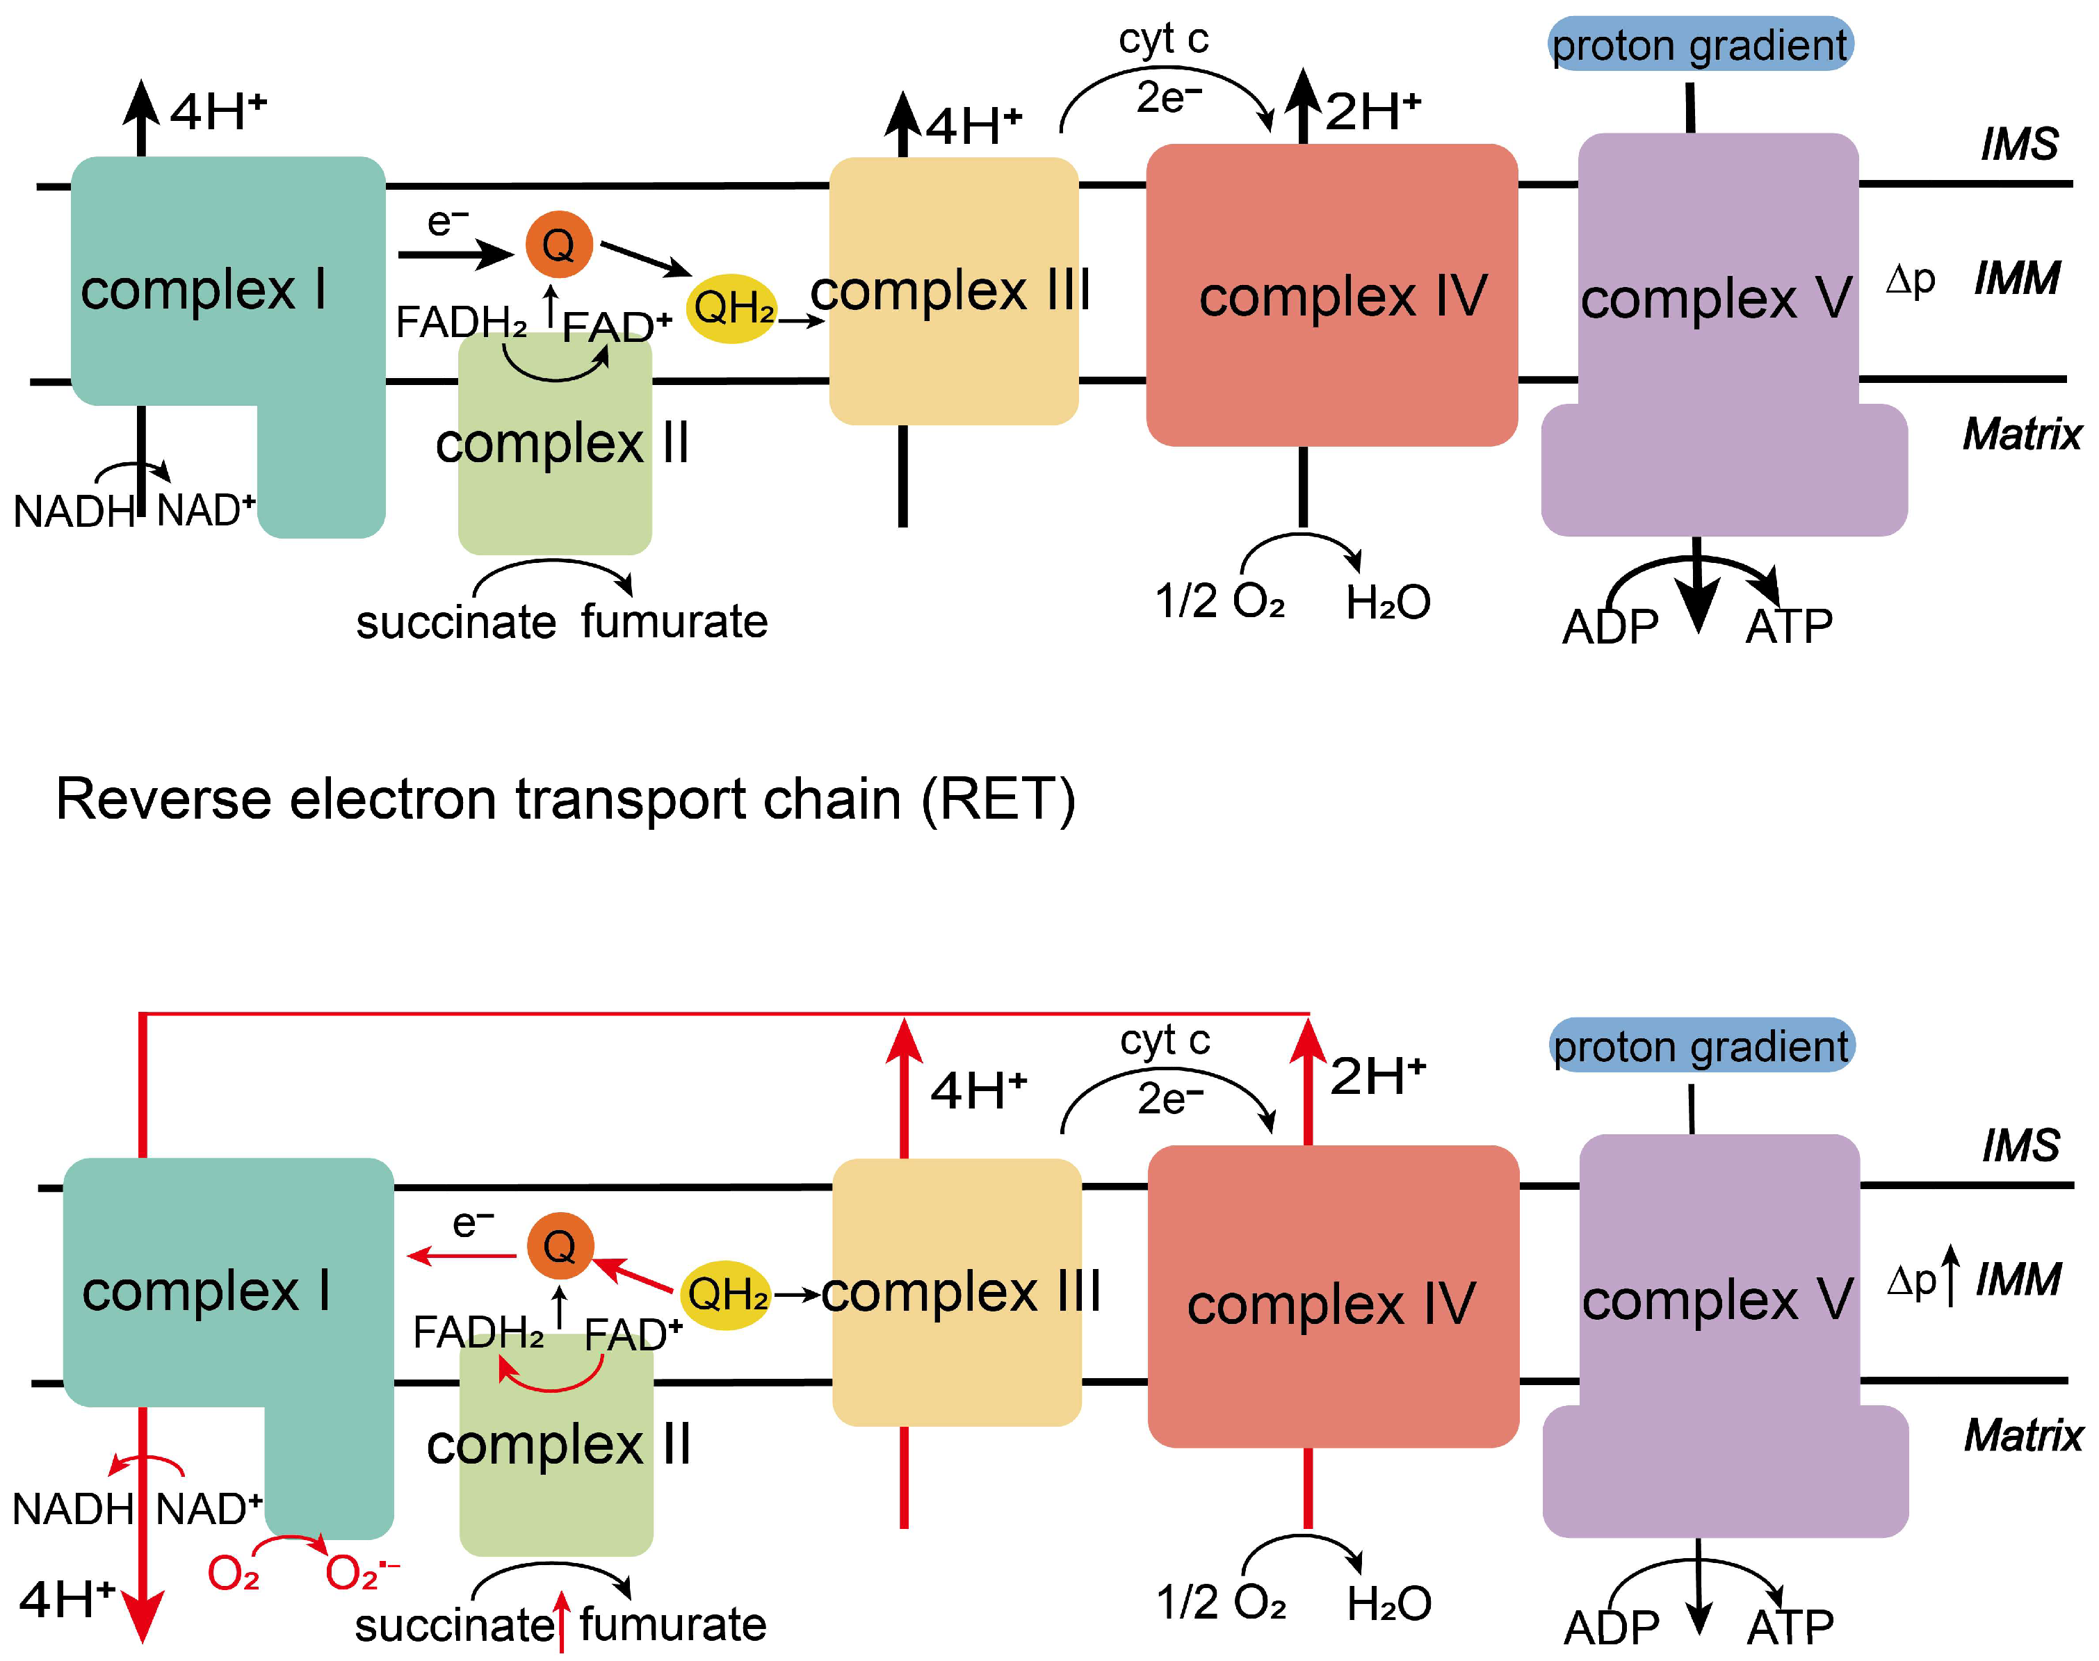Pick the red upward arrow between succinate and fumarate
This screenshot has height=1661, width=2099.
(561, 1621)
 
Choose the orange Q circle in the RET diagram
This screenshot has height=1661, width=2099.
(559, 1245)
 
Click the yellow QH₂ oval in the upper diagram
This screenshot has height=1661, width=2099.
(732, 309)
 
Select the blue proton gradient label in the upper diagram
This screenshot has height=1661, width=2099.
(1700, 44)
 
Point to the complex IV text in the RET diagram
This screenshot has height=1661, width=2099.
(1331, 1304)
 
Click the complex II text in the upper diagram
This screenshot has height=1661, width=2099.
(562, 443)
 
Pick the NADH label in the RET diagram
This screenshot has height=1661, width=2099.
(73, 1509)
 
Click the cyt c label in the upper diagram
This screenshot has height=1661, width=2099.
(1163, 39)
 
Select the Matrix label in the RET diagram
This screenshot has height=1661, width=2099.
(2023, 1435)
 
